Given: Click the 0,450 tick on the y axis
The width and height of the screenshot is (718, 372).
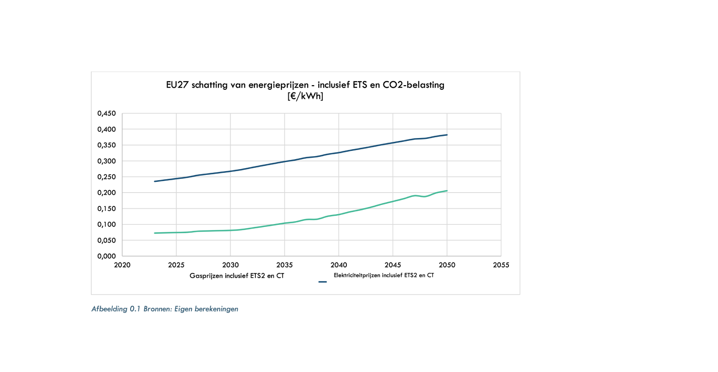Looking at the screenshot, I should coord(106,113).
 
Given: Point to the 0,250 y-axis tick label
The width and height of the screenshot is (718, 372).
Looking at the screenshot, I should coord(106,177).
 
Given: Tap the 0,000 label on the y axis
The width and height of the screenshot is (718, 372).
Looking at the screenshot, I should coord(106,256).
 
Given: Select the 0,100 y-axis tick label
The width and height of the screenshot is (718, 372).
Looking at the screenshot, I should coord(106,224).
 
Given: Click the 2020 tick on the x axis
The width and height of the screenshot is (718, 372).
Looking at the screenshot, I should coord(122,265).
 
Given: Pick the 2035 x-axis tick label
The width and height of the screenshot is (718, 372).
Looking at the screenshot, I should coord(284,265).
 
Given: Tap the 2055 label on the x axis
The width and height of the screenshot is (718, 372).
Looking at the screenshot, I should coord(501,265).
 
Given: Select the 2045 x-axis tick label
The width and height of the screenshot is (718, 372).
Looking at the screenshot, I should coord(393,265).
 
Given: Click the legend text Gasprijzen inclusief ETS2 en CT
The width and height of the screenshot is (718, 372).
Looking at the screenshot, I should coord(237,276).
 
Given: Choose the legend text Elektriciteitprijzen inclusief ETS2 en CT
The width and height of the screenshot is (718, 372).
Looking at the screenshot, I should coord(384,275).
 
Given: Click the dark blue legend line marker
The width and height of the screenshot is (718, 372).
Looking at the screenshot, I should coord(322,282).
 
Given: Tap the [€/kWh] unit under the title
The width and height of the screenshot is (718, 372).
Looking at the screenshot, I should coord(305,96).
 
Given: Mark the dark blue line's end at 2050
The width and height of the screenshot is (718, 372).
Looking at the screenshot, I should coord(447,135).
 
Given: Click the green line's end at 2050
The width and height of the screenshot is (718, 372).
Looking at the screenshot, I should coord(447,191).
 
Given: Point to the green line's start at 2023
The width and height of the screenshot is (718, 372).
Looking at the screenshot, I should coord(155,233).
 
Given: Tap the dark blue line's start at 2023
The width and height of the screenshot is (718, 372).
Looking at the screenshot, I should coord(155,181).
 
